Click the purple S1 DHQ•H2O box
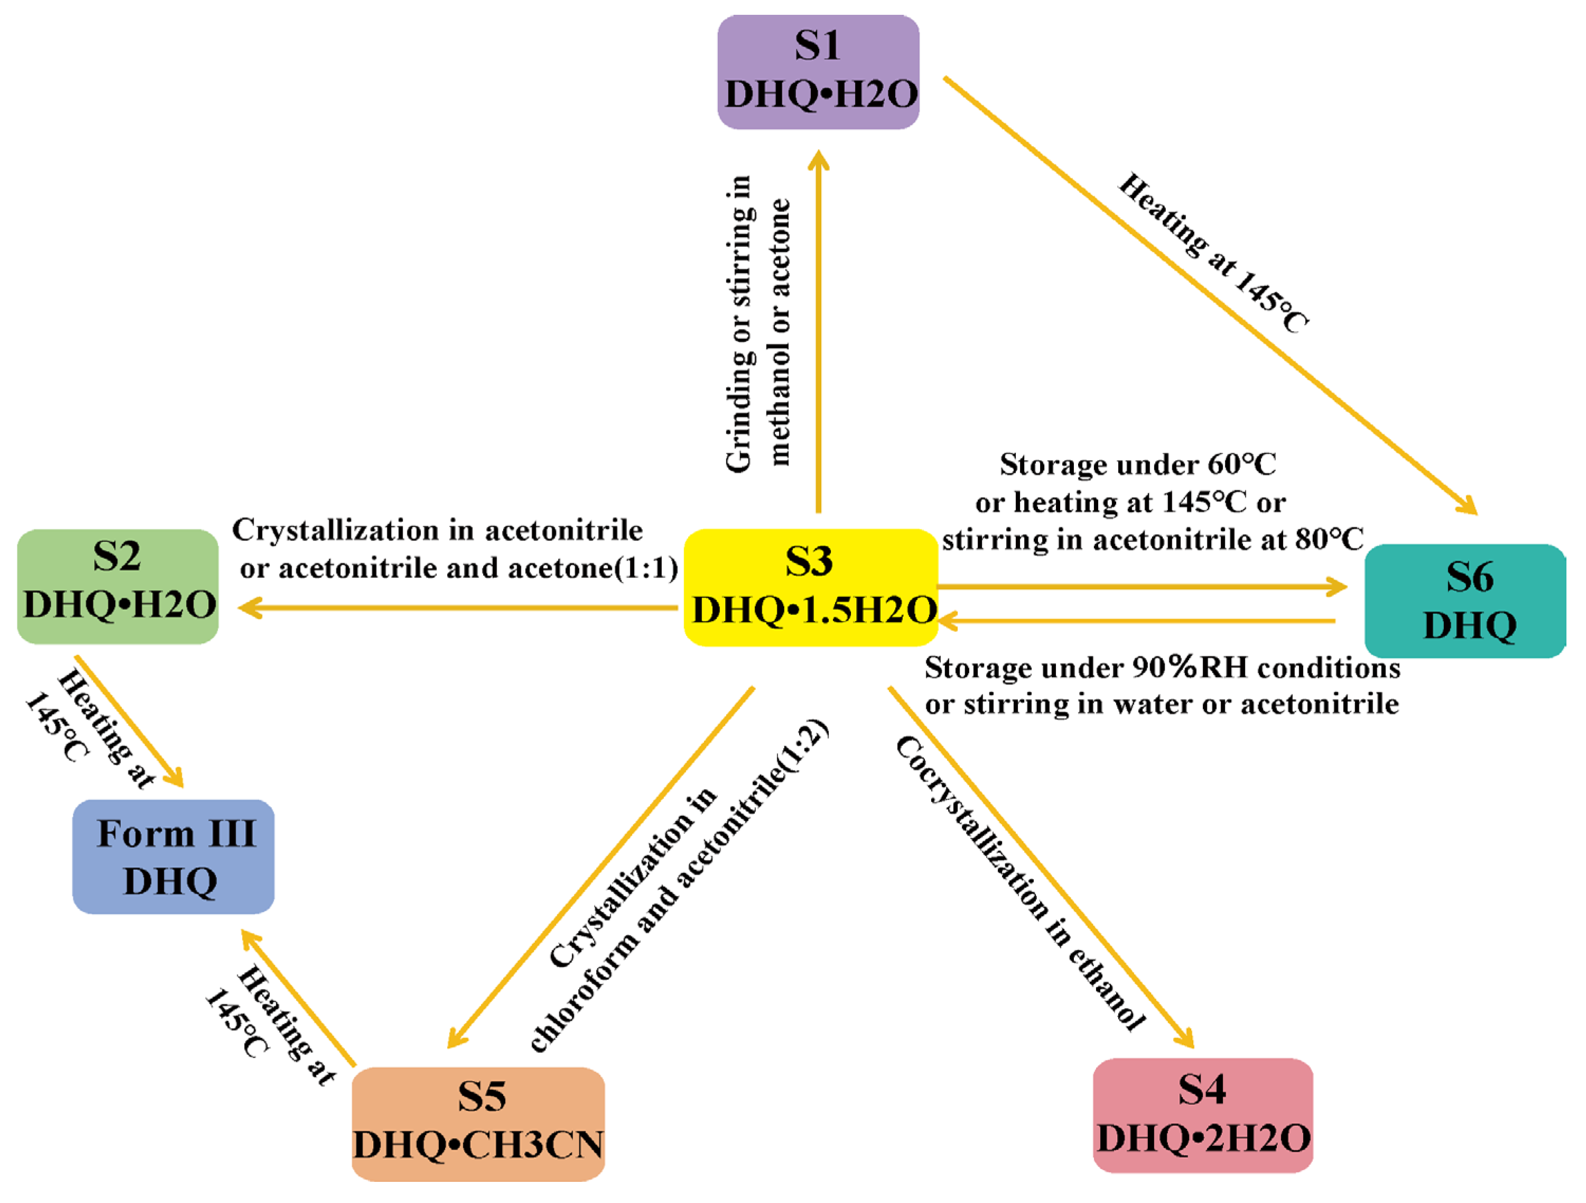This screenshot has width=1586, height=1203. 818,72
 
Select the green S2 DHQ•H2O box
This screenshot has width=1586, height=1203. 117,586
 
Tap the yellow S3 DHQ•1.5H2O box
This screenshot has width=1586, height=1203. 811,587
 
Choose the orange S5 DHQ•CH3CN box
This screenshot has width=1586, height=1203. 478,1123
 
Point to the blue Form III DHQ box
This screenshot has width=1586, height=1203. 173,857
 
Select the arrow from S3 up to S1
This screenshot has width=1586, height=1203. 818,330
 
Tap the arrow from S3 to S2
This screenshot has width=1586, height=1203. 459,608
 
